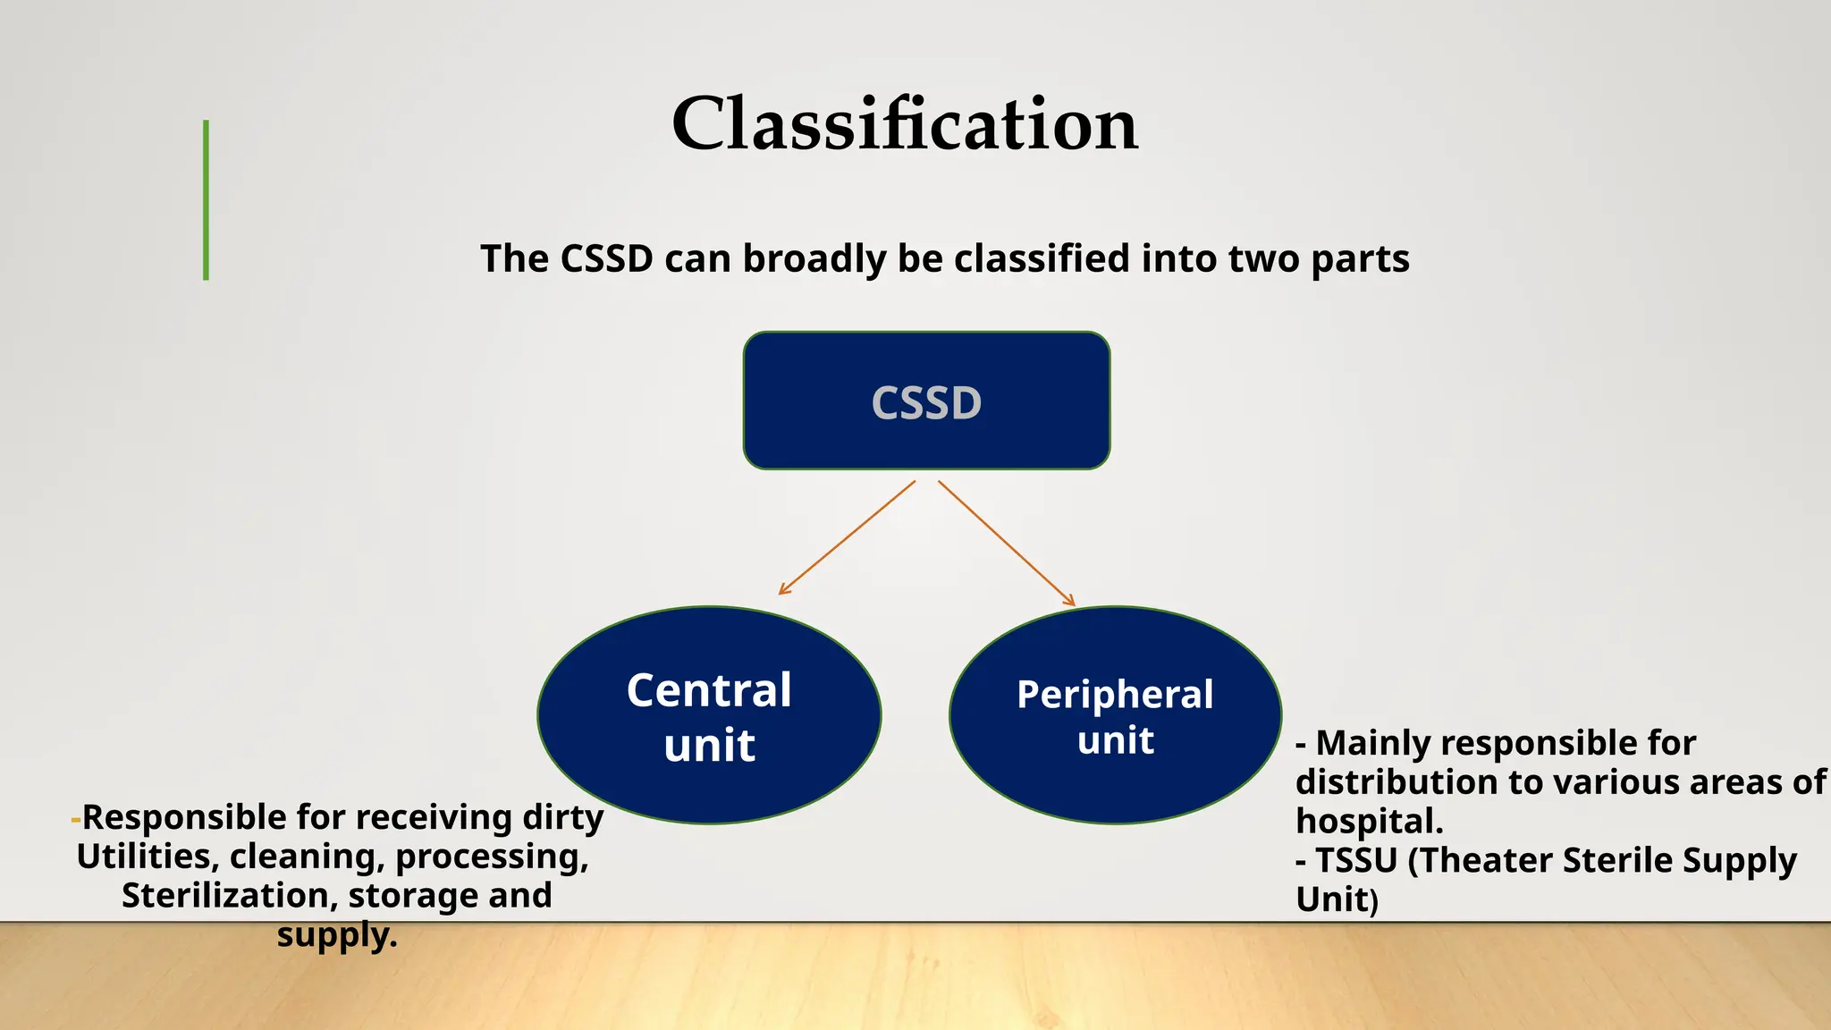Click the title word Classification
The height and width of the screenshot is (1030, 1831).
coord(904,124)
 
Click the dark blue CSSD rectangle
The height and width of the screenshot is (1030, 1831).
coord(926,401)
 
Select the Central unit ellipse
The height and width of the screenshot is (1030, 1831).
coord(709,715)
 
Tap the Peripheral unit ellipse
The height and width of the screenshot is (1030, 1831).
coord(1115,715)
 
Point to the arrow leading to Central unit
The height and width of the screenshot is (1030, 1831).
coord(846,538)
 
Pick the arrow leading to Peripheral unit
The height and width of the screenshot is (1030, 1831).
coord(1006,543)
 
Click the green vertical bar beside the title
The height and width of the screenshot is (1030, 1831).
coord(207,200)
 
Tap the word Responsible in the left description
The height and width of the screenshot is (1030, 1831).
coord(184,818)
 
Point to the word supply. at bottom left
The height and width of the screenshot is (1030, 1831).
coord(337,935)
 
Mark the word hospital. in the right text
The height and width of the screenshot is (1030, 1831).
coord(1369,821)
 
